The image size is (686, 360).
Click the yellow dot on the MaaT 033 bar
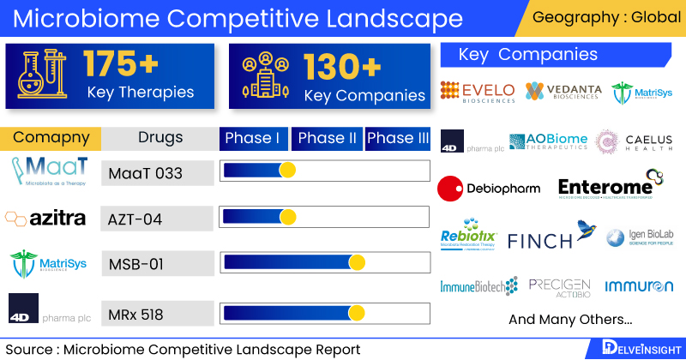pyautogui.click(x=287, y=171)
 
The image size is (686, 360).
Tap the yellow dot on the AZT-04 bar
pyautogui.click(x=287, y=216)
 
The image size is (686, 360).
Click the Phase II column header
pyautogui.click(x=326, y=139)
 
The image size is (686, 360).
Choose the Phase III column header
pyautogui.click(x=398, y=139)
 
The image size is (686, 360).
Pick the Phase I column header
pyautogui.click(x=253, y=139)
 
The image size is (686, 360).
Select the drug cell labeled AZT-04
pyautogui.click(x=157, y=218)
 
